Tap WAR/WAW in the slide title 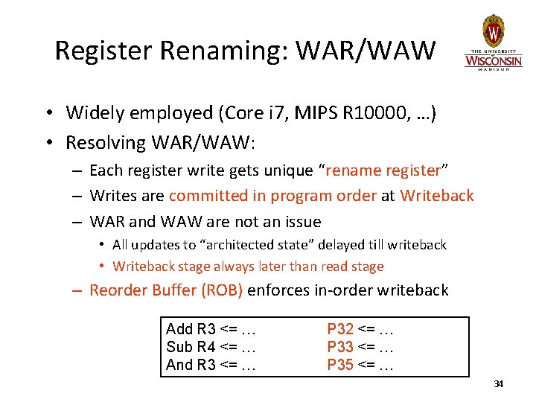(x=366, y=51)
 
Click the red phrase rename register (x=383, y=170)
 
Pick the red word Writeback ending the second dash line (x=436, y=196)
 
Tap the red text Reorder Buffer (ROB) (x=166, y=290)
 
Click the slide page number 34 (x=499, y=383)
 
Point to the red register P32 (x=340, y=330)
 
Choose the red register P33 (x=340, y=347)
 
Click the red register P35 (x=340, y=364)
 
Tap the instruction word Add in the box (x=179, y=330)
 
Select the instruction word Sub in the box (x=179, y=347)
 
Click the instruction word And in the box (x=179, y=364)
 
